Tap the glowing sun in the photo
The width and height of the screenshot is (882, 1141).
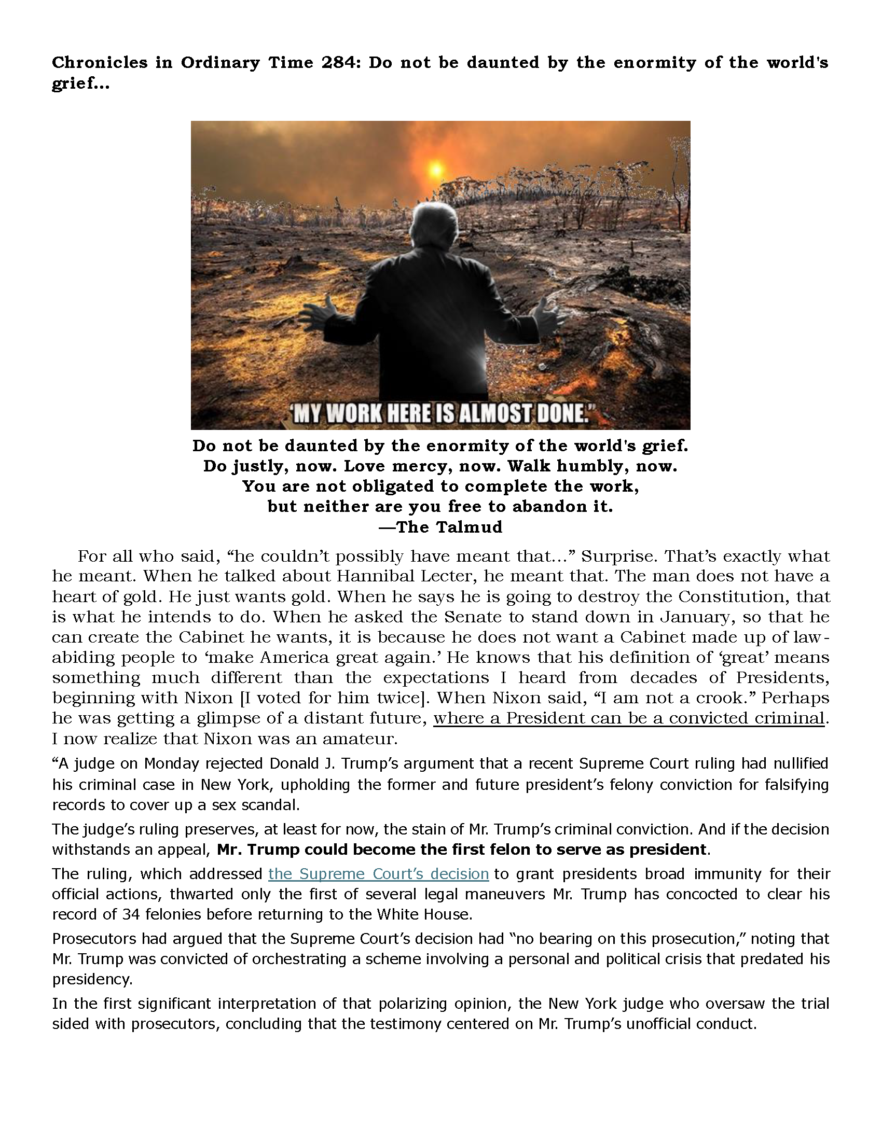[435, 169]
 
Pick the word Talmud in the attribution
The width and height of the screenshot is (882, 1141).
[474, 527]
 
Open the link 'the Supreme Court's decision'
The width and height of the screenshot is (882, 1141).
[378, 874]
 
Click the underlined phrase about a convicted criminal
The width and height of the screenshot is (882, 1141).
[629, 718]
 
